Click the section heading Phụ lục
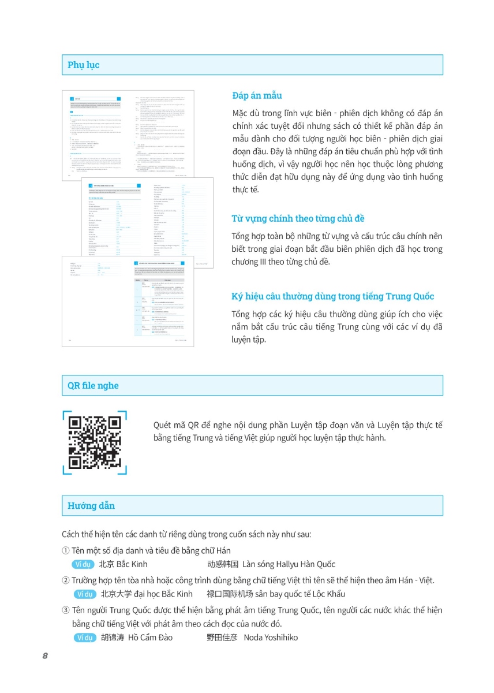point(84,65)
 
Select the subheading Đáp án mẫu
point(257,95)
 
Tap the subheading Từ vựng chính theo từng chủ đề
point(298,218)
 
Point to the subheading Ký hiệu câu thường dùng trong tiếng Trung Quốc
point(332,296)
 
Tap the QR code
point(95,442)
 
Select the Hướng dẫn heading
point(91,506)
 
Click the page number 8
point(45,656)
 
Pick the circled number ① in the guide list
point(66,551)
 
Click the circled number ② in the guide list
point(66,580)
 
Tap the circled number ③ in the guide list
point(66,610)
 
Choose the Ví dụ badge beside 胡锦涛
point(85,638)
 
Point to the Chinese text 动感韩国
point(223,564)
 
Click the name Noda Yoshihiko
point(271,638)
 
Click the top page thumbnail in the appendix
point(128,135)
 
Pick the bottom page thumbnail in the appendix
point(128,301)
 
